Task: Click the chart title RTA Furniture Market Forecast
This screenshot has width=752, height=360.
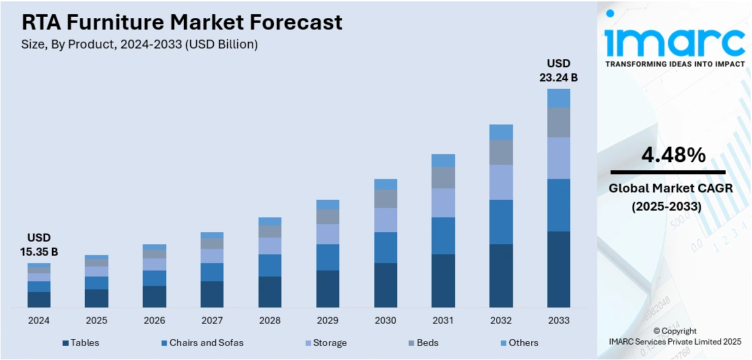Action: (182, 22)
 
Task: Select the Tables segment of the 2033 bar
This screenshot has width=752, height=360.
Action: (558, 269)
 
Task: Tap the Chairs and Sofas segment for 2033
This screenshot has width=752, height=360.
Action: (558, 205)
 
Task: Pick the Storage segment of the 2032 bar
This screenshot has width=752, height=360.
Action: (501, 182)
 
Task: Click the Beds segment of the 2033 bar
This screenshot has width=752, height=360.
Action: (558, 122)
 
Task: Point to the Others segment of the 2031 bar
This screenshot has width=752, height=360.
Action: (443, 160)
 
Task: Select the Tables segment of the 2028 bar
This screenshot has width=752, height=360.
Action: (270, 291)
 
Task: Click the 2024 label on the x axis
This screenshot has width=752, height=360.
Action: (38, 320)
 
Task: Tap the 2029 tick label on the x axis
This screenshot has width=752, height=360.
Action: (328, 320)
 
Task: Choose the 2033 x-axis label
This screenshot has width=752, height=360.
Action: (559, 320)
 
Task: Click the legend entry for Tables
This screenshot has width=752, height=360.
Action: (81, 343)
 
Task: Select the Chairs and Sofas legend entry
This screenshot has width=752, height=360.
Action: (203, 343)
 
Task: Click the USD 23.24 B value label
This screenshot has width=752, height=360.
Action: (558, 70)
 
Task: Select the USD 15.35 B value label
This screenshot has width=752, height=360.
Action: (38, 245)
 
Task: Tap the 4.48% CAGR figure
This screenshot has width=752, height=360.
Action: (673, 155)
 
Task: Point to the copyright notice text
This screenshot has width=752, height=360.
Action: (675, 336)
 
